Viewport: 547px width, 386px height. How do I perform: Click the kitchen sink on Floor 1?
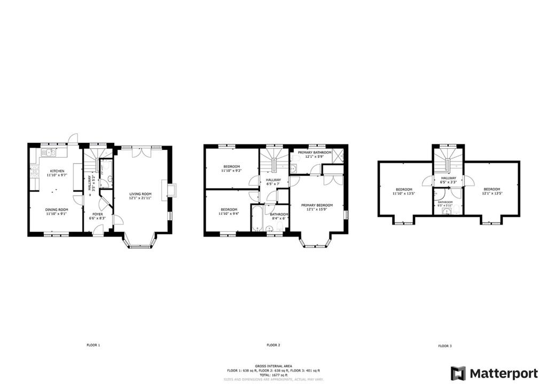[50, 153]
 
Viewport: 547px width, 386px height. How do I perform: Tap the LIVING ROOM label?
[143, 194]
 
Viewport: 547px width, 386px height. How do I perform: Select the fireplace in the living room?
[171, 191]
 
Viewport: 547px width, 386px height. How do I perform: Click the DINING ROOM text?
[55, 210]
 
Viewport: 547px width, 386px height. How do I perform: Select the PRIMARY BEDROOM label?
[317, 205]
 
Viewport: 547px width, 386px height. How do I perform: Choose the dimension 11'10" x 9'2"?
[232, 171]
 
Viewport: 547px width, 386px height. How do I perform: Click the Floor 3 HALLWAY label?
[448, 179]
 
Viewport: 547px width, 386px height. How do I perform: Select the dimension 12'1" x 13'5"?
[491, 194]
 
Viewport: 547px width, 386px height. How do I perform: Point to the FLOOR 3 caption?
[444, 346]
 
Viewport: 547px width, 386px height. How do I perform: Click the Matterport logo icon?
[458, 373]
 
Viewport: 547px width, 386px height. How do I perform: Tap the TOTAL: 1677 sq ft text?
[273, 375]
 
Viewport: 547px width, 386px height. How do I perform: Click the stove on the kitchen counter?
[35, 172]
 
